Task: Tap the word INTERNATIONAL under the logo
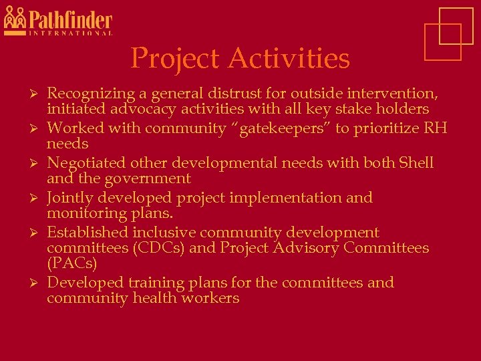(70, 33)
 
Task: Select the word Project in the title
(176, 58)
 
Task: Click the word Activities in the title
(289, 58)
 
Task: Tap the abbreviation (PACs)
(71, 263)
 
